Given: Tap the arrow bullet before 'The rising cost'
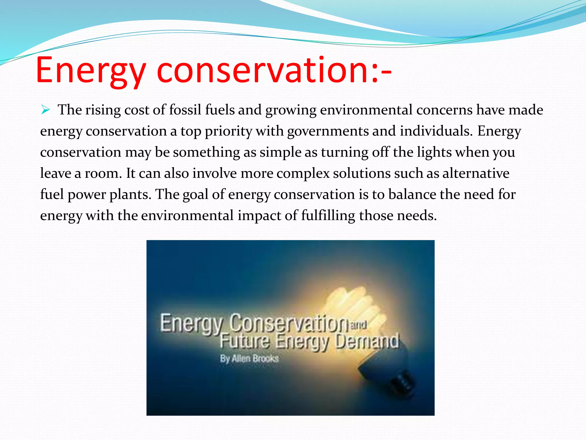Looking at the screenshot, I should tap(45, 110).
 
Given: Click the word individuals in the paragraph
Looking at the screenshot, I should tap(436, 131).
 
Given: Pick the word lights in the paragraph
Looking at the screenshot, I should tap(434, 152).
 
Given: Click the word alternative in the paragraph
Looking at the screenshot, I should tap(476, 173).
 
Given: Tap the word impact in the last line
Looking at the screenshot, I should tap(259, 215).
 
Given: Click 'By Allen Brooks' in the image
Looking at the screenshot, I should tap(249, 358).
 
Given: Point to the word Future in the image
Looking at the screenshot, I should tap(245, 341).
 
